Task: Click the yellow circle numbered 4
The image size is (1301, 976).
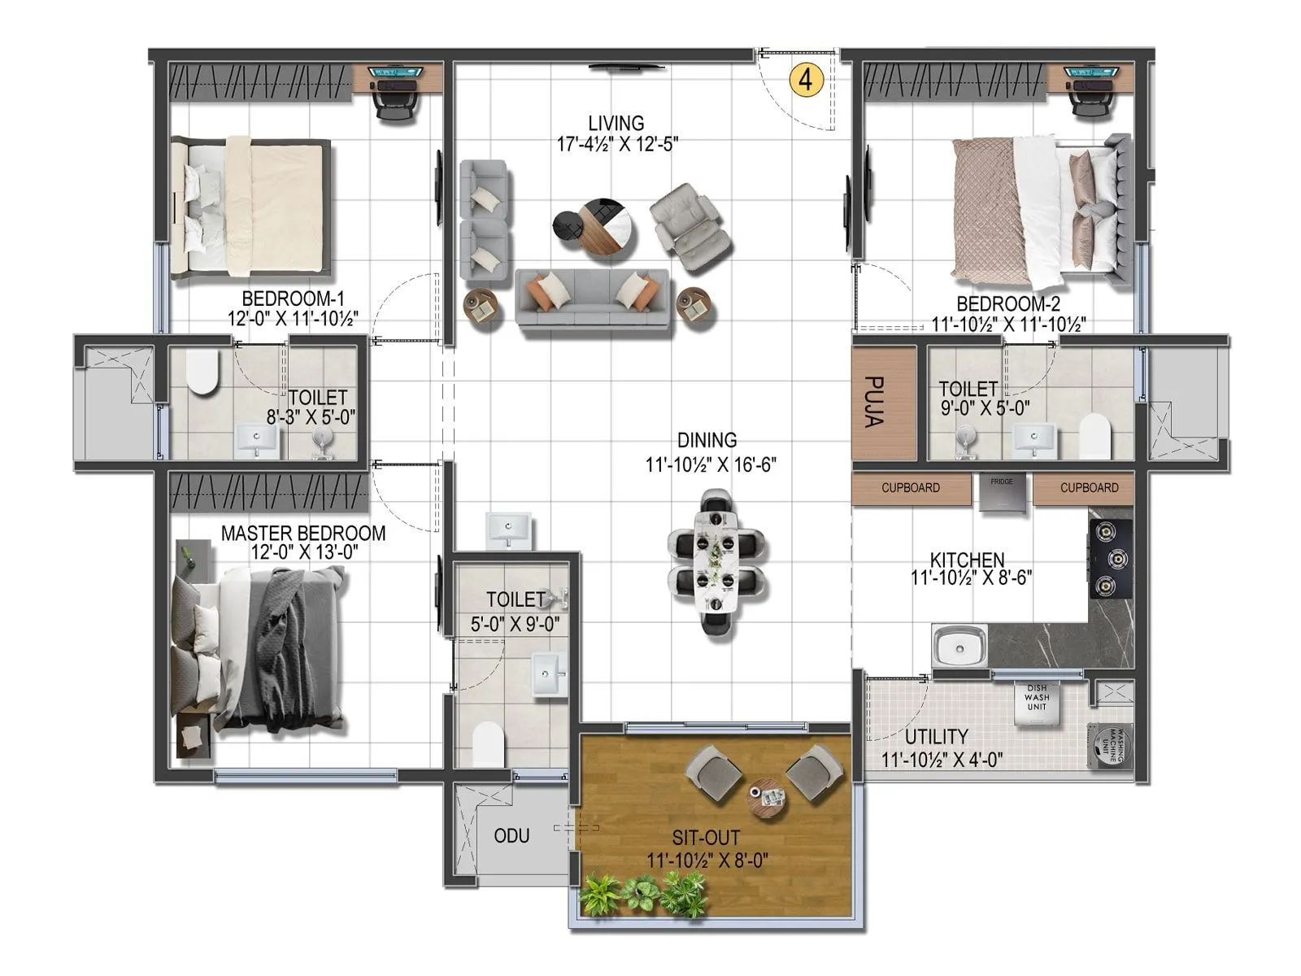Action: pyautogui.click(x=806, y=80)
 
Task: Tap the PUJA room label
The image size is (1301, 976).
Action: pyautogui.click(x=873, y=402)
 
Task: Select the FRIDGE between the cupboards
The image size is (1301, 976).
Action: pyautogui.click(x=1002, y=493)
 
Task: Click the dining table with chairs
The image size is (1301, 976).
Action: pyautogui.click(x=716, y=561)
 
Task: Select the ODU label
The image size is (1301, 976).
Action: pyautogui.click(x=511, y=836)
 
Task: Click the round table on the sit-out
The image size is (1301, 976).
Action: pyautogui.click(x=766, y=793)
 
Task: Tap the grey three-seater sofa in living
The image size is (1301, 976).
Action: pyautogui.click(x=593, y=298)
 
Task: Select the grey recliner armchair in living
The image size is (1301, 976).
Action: pyautogui.click(x=689, y=227)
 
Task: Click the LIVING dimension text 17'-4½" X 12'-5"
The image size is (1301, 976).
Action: pyautogui.click(x=616, y=145)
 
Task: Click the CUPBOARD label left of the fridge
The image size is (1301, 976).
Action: pyautogui.click(x=911, y=488)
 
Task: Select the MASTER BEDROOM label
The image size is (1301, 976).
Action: pyautogui.click(x=303, y=534)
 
